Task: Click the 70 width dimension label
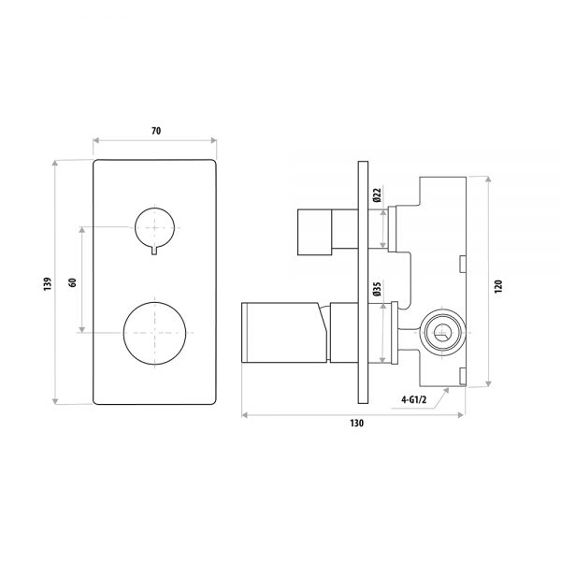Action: click(156, 131)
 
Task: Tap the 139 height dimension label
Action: click(48, 283)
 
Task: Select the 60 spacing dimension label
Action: click(72, 282)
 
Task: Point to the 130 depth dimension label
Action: click(357, 424)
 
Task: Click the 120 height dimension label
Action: click(498, 287)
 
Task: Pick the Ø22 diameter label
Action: click(377, 195)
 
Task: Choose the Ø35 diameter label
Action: click(377, 289)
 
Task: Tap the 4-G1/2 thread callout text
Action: click(414, 399)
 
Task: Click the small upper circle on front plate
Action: click(154, 227)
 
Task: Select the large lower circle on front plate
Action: click(154, 333)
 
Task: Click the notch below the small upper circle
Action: click(154, 252)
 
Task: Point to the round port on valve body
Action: click(442, 333)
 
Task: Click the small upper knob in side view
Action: click(315, 232)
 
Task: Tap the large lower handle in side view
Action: click(285, 333)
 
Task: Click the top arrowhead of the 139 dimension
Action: click(55, 163)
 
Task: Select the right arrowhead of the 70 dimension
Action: click(213, 140)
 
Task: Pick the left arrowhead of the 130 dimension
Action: click(245, 415)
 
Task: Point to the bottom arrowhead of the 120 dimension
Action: click(488, 383)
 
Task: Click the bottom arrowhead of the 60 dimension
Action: click(82, 329)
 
